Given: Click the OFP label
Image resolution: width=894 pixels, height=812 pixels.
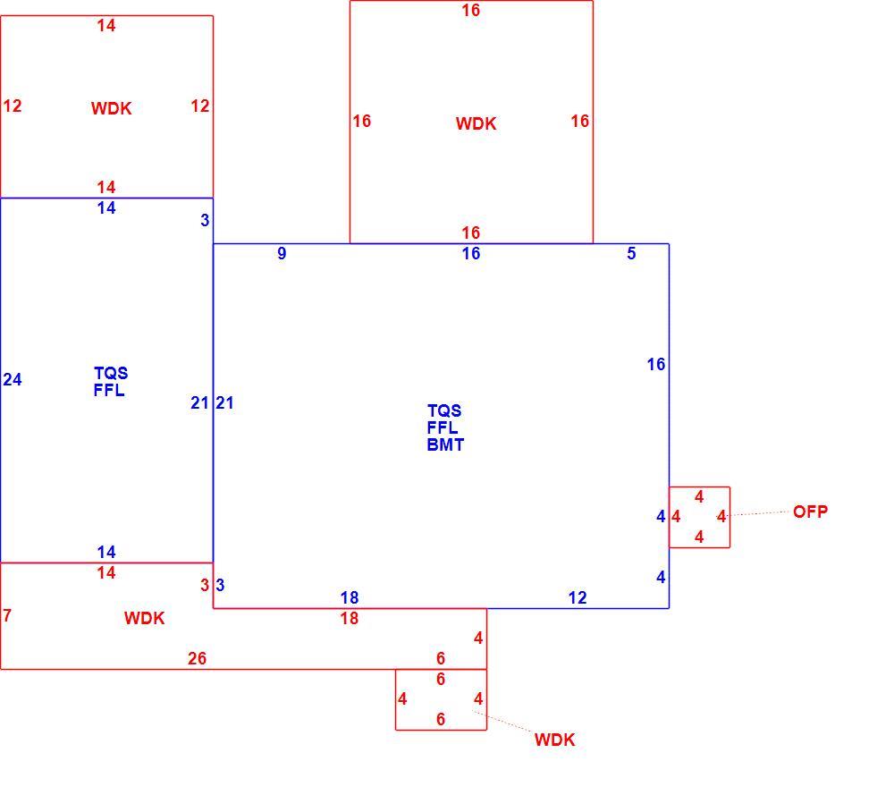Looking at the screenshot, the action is (810, 512).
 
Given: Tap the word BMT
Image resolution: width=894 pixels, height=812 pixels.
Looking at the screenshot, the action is (445, 444).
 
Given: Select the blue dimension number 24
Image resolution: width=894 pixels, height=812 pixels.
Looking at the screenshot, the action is (12, 379).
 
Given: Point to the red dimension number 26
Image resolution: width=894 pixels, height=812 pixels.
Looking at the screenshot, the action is (197, 658).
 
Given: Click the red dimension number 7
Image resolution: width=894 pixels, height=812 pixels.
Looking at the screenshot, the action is (7, 616).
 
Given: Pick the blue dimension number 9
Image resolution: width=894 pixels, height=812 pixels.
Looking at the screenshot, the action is (282, 253).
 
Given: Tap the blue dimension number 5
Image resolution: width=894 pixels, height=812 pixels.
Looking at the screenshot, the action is (631, 253).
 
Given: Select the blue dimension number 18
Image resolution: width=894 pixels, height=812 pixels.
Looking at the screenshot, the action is (350, 597).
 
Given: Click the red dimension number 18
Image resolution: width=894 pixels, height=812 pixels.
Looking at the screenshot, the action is (350, 618).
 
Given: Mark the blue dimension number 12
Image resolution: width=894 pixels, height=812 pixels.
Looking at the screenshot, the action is (578, 597).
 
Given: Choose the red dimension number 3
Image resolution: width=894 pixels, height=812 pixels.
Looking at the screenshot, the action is (205, 585).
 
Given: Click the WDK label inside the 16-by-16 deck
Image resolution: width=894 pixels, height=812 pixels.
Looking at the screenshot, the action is (477, 123).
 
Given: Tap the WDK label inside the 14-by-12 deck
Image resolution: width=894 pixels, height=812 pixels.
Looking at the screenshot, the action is (111, 108).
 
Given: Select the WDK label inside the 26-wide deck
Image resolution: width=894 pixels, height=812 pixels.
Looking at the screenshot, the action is (144, 618).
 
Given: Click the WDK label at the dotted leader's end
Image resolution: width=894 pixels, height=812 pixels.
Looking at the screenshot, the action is (555, 740).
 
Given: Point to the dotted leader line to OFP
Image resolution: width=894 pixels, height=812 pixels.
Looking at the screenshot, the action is (754, 514).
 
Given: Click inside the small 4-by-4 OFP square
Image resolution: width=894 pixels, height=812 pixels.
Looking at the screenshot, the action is (699, 517).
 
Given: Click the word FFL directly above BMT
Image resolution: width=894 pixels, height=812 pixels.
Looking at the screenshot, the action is (443, 427).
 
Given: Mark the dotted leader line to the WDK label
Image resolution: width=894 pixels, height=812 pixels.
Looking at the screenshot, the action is (503, 722).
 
